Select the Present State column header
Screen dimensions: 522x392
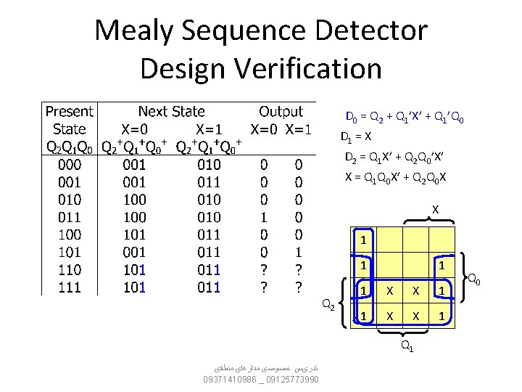point(69,121)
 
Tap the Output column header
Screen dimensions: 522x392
point(281,112)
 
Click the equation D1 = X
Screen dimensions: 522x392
point(357,136)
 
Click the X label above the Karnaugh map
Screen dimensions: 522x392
point(435,210)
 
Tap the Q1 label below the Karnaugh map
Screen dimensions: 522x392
point(409,346)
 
